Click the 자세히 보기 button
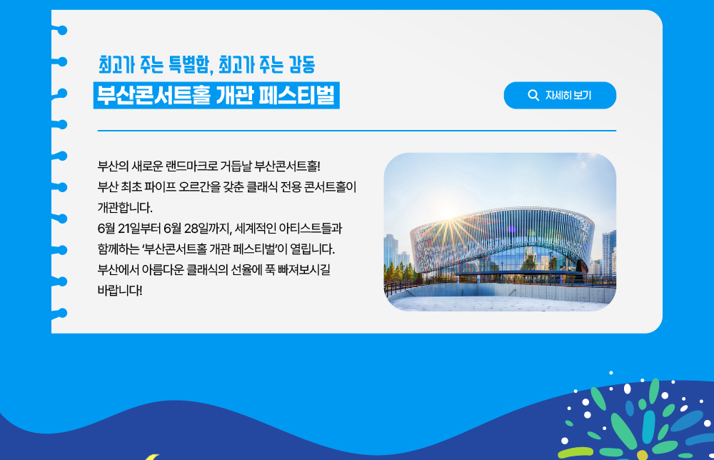[x=560, y=95]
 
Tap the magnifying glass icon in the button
[x=533, y=95]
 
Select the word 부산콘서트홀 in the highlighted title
[x=154, y=95]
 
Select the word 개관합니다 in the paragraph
[x=125, y=208]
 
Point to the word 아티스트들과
[x=311, y=228]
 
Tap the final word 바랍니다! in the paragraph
[x=120, y=290]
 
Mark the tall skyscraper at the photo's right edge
[x=609, y=253]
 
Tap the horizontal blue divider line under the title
[x=356, y=130]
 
